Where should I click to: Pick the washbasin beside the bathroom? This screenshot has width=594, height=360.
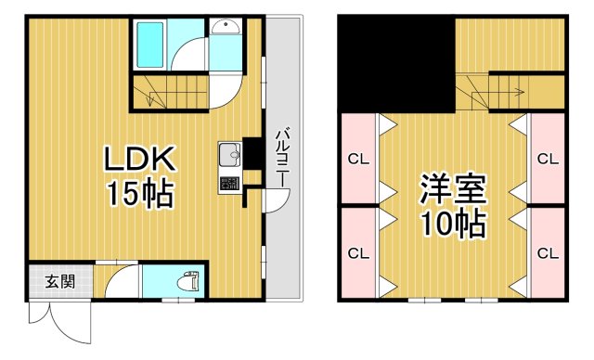point(224,29)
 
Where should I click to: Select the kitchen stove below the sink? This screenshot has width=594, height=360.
point(229,182)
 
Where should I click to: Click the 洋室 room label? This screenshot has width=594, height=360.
point(455,188)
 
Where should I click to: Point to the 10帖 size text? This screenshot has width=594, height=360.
point(455,225)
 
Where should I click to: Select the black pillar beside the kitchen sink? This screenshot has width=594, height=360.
point(251,150)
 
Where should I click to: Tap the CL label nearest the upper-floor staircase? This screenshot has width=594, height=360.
point(548,158)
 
